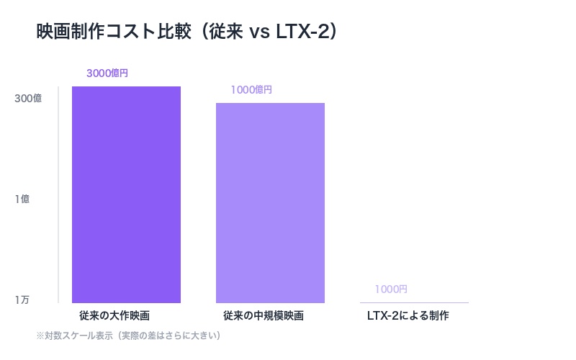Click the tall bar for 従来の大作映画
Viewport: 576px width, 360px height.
[126, 194]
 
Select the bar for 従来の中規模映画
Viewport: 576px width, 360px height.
[270, 202]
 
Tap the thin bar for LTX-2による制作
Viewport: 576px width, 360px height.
[414, 302]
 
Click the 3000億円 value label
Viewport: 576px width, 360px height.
[107, 73]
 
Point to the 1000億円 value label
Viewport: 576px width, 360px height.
[251, 90]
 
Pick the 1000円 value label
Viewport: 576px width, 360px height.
[391, 289]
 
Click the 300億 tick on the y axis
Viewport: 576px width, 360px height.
[28, 99]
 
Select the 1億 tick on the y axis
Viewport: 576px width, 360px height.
[22, 199]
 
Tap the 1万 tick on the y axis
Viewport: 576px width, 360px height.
[22, 300]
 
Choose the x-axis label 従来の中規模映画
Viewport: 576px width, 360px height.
[264, 316]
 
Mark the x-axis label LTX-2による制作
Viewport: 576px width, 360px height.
[408, 316]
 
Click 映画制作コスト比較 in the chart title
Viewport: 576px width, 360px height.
[112, 33]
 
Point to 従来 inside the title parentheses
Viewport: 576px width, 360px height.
[226, 33]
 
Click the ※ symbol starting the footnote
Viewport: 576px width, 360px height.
[40, 336]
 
